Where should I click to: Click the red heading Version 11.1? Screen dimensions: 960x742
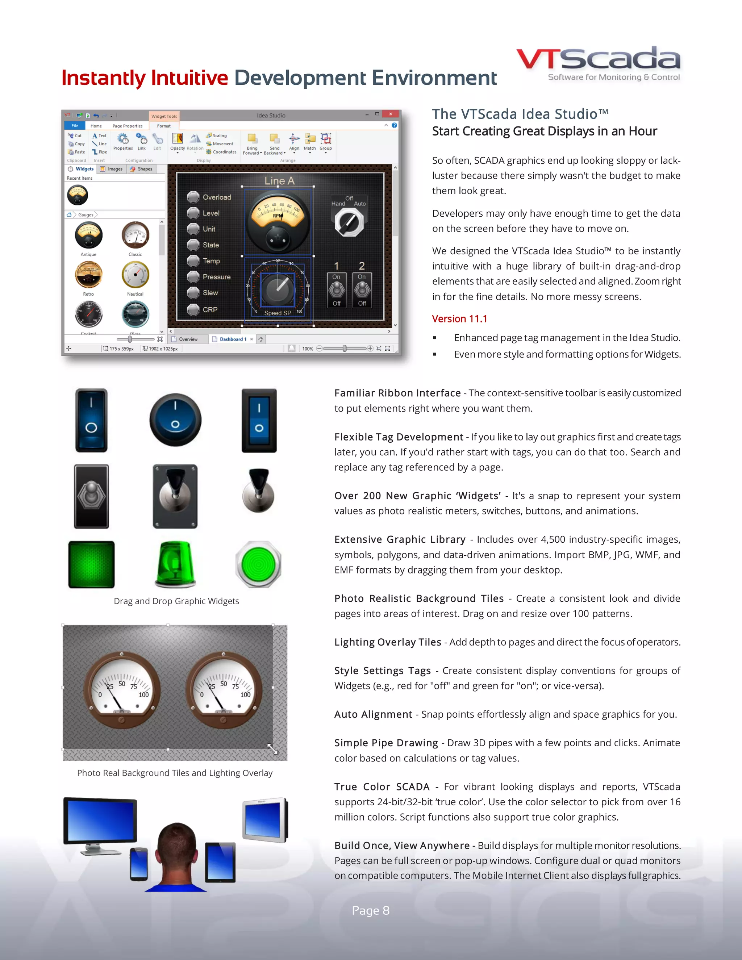coord(459,319)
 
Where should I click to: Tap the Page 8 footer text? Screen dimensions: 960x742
coord(371,910)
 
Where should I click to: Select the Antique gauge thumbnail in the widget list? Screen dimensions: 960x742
coord(88,235)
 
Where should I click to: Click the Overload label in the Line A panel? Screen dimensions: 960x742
coord(216,197)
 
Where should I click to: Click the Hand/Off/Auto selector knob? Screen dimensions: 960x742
coord(349,222)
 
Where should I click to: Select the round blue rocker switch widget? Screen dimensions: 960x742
coord(175,420)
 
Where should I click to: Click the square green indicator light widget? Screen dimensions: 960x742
coord(91,564)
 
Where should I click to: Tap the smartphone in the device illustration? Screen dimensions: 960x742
coord(139,864)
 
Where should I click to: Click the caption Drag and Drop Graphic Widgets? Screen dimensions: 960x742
coord(176,601)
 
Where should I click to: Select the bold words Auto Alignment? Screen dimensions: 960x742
coord(373,714)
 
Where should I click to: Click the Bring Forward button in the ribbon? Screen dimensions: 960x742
coord(252,143)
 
